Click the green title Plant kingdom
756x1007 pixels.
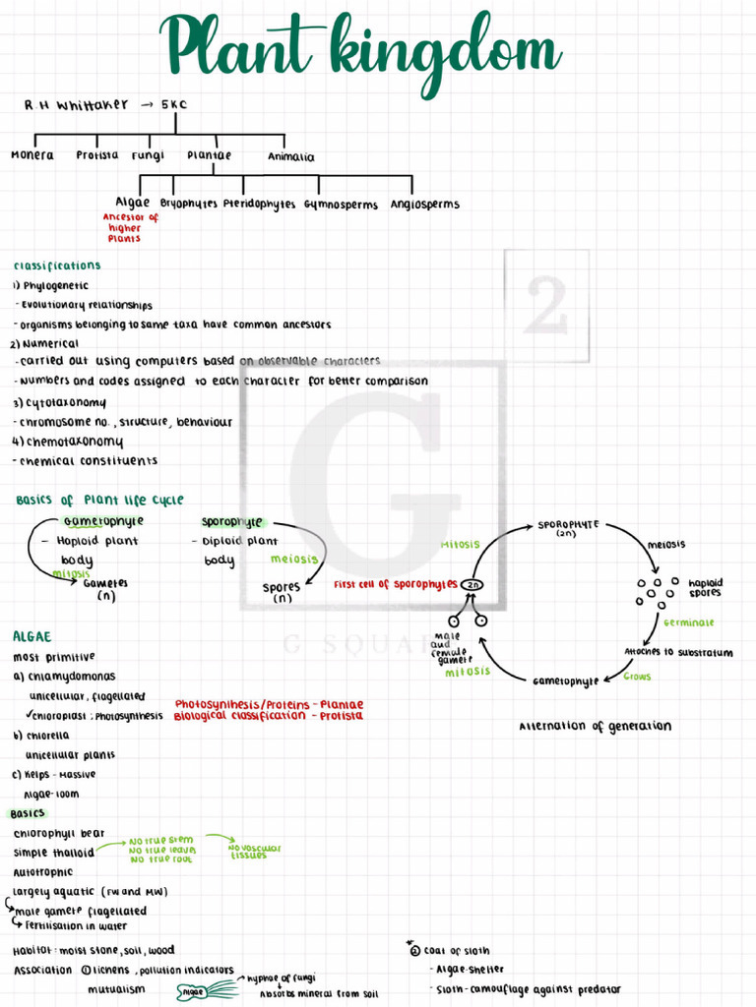pyautogui.click(x=361, y=44)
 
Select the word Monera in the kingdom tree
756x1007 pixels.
pyautogui.click(x=32, y=155)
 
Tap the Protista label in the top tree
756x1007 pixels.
pyautogui.click(x=96, y=155)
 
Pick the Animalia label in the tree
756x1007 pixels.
pyautogui.click(x=291, y=156)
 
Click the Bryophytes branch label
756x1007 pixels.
pyautogui.click(x=188, y=205)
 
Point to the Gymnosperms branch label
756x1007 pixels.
pyautogui.click(x=341, y=205)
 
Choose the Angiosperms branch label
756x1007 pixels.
pyautogui.click(x=424, y=205)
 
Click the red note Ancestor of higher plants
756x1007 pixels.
pyautogui.click(x=128, y=228)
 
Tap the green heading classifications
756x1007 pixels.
pyautogui.click(x=57, y=266)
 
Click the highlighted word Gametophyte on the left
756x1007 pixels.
pyautogui.click(x=103, y=521)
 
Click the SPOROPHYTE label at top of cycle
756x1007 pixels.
pyautogui.click(x=568, y=526)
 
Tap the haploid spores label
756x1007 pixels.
pyautogui.click(x=705, y=587)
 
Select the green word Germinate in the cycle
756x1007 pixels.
pyautogui.click(x=688, y=622)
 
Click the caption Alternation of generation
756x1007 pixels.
pyautogui.click(x=595, y=727)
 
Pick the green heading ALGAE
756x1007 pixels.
pyautogui.click(x=32, y=636)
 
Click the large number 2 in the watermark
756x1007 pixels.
pyautogui.click(x=546, y=305)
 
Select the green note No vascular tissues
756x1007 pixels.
pyautogui.click(x=255, y=852)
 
